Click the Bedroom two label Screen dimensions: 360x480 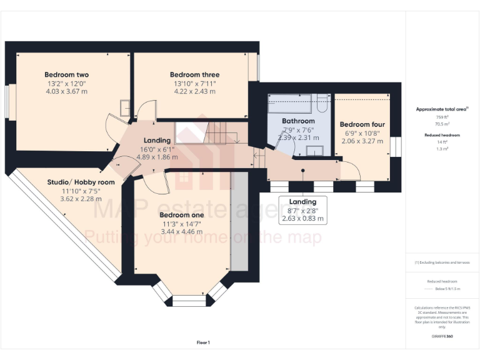66,74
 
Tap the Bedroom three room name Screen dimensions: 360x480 194,75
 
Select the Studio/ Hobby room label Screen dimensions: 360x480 81,182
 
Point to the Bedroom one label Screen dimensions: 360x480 182,214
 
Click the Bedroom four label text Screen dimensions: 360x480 362,124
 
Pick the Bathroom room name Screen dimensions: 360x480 298,121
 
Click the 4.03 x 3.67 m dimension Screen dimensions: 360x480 66,91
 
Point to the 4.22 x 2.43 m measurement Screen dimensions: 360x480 194,91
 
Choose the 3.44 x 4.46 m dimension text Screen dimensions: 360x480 182,231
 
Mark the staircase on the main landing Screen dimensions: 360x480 212,132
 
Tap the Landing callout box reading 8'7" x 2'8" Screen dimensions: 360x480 302,210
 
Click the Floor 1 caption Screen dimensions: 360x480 203,342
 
